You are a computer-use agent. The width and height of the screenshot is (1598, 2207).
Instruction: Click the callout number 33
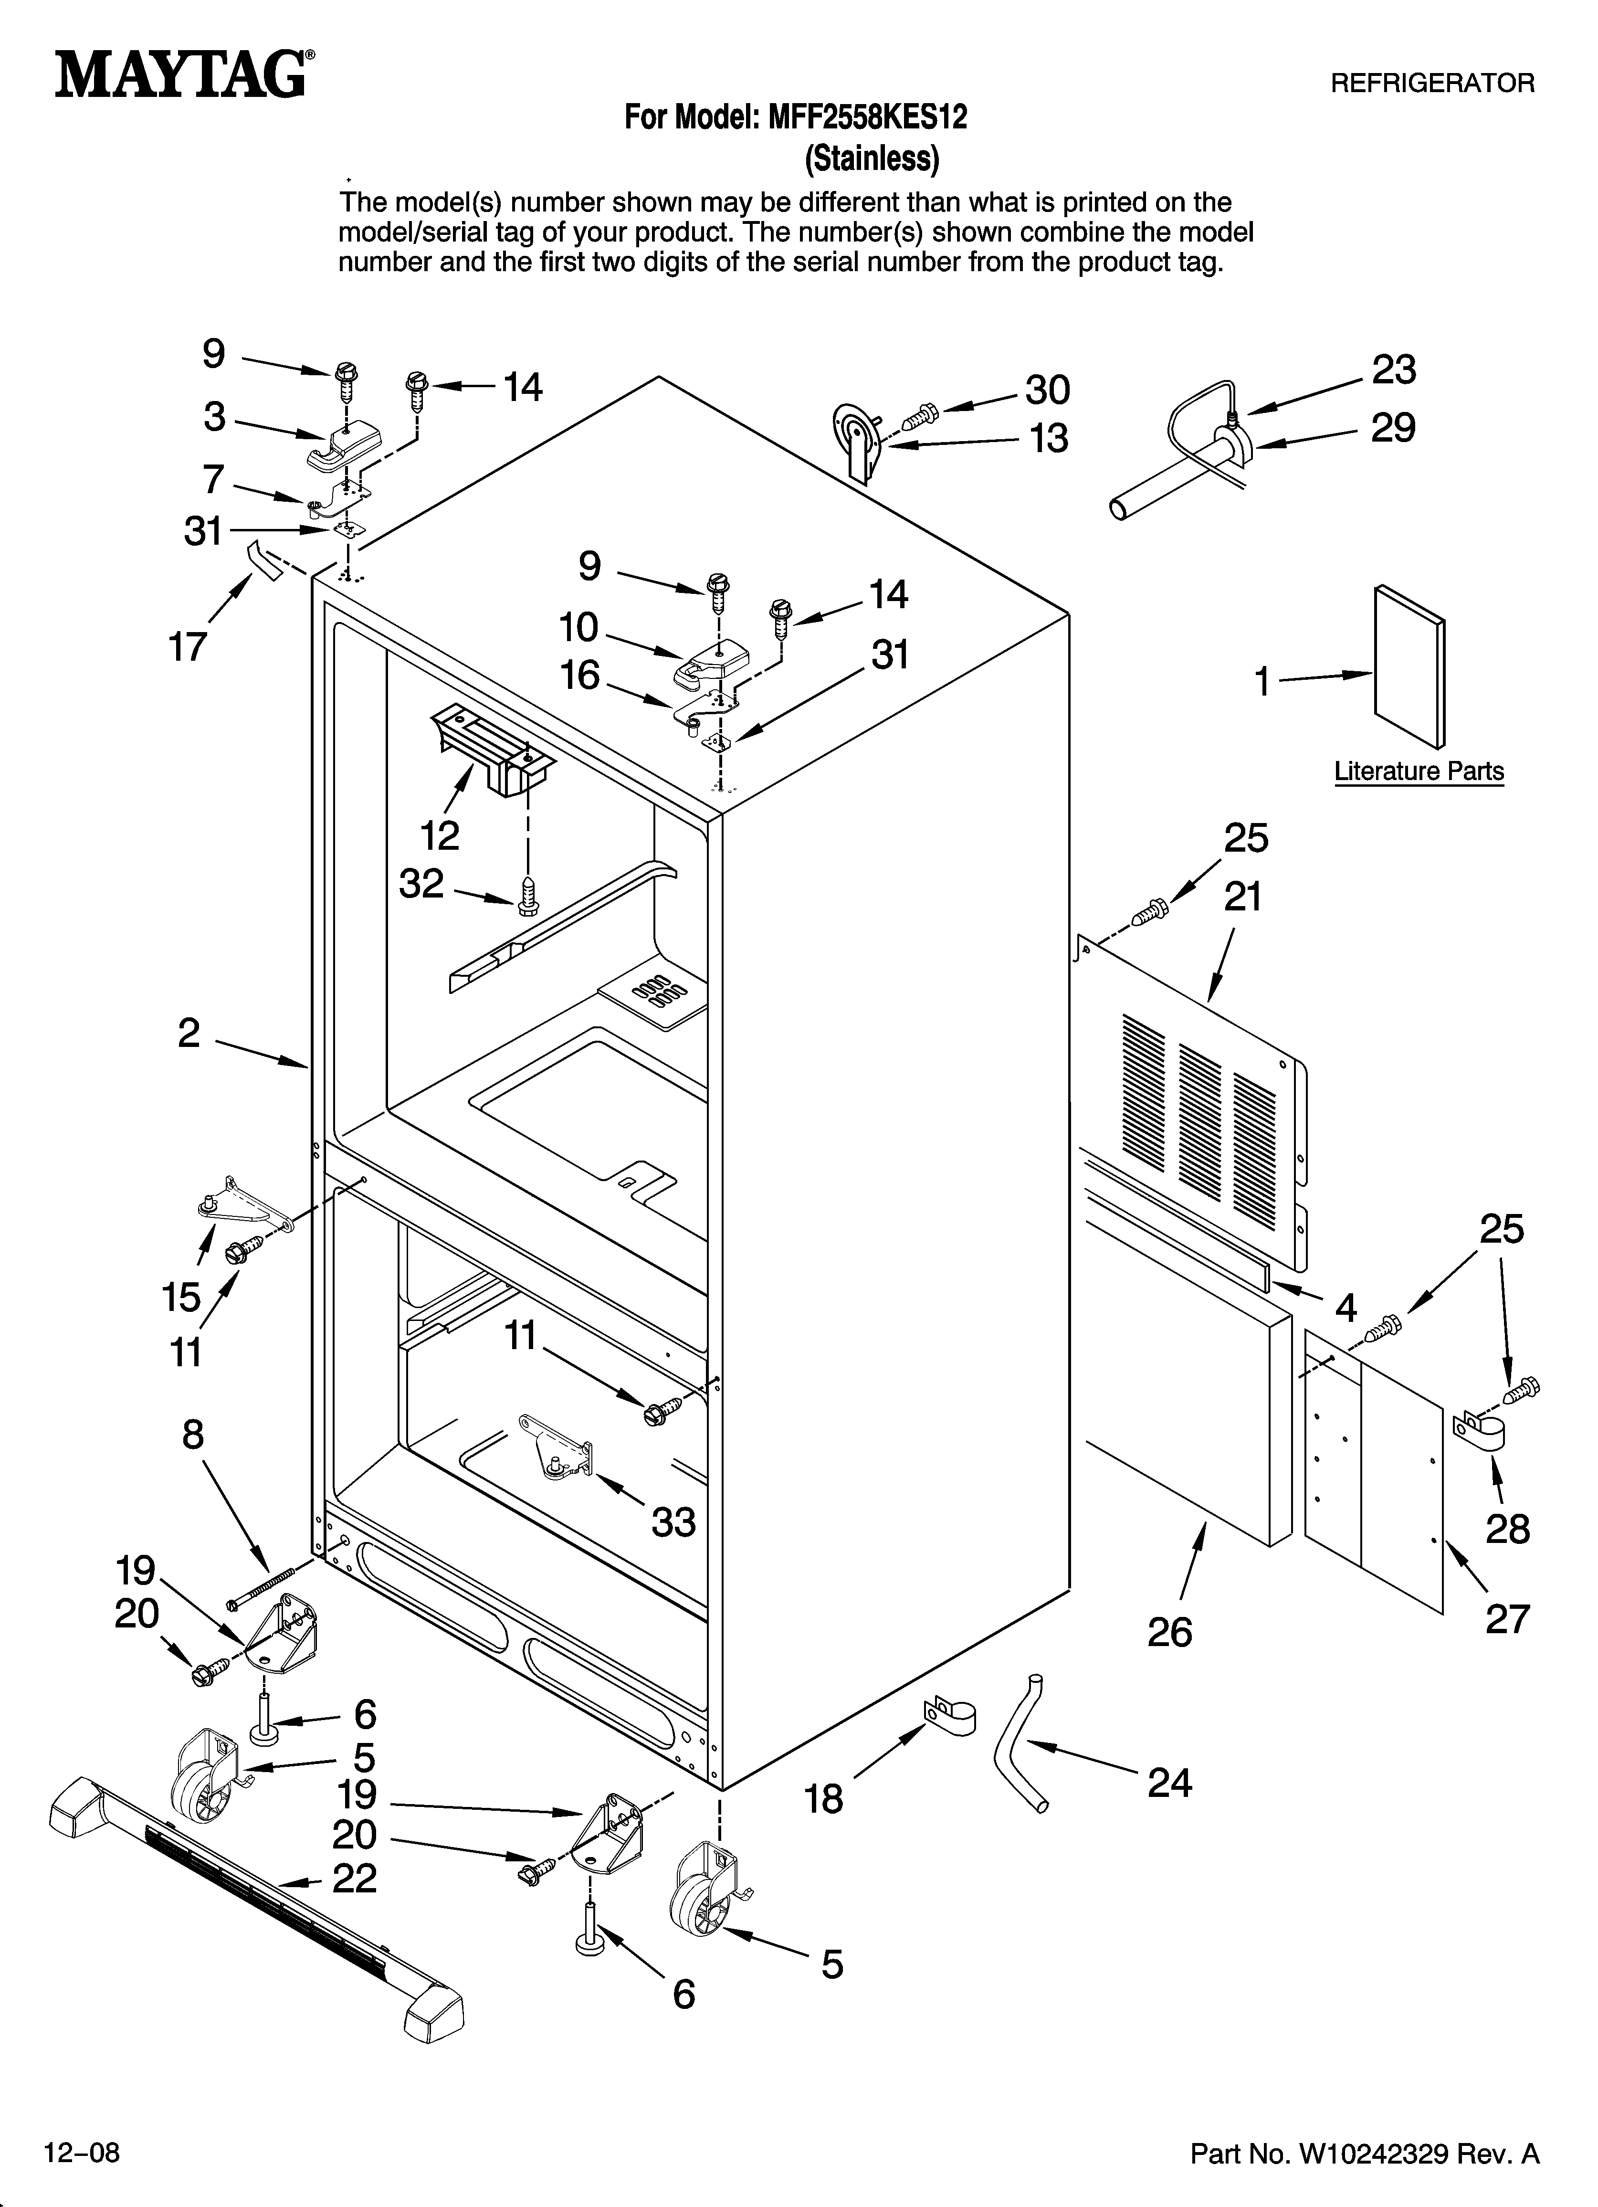tap(673, 1522)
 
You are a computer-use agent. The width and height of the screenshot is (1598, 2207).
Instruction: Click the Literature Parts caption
tap(1418, 771)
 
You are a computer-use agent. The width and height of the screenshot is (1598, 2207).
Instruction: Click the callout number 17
tap(188, 646)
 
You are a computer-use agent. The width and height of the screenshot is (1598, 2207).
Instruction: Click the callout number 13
tap(1049, 439)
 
